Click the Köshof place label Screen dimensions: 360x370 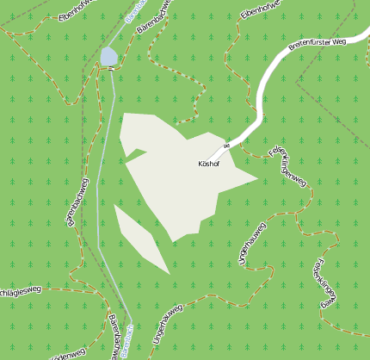pyautogui.click(x=208, y=164)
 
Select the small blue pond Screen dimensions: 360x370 pyautogui.click(x=108, y=57)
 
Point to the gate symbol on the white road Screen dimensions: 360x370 pyautogui.click(x=227, y=144)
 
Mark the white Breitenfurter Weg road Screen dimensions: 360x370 pyautogui.click(x=262, y=95)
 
